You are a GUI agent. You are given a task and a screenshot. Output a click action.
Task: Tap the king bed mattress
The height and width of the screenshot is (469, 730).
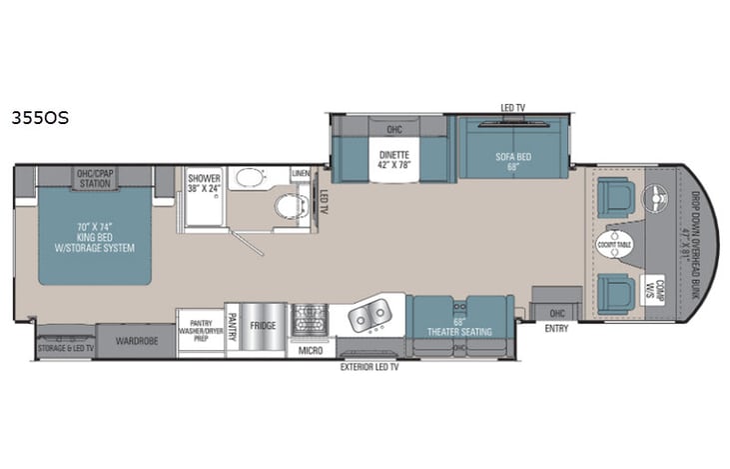[98, 235]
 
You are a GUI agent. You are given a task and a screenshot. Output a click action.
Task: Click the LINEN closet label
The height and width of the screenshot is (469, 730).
[301, 174]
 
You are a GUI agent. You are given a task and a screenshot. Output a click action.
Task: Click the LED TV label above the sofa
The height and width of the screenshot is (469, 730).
[513, 107]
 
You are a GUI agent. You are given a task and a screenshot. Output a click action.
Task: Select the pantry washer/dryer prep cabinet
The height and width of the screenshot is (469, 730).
[199, 326]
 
